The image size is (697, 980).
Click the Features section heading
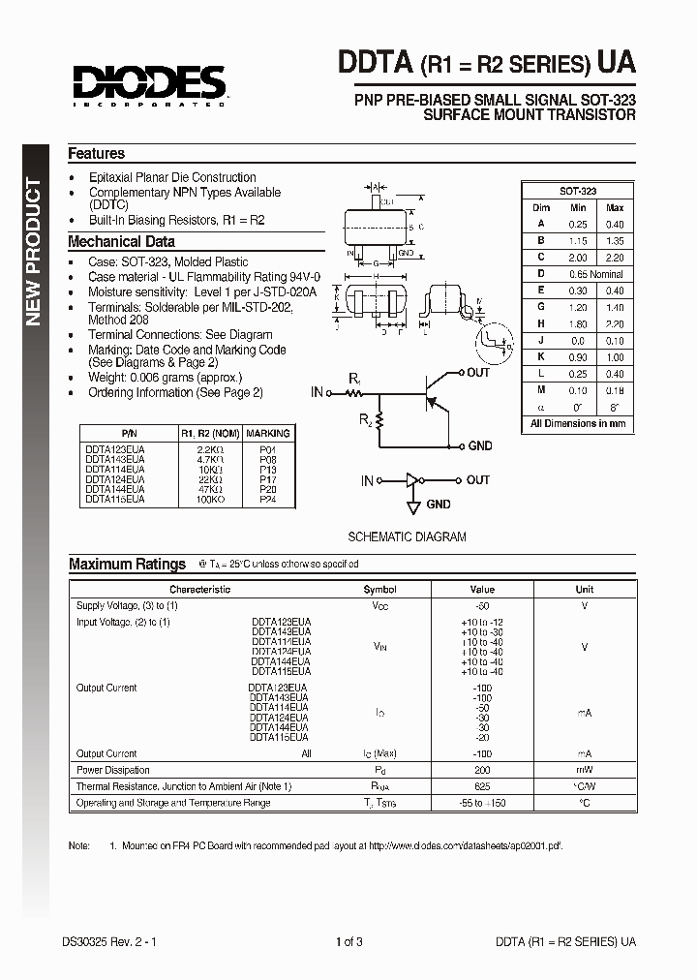96,153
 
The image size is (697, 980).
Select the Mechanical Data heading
121,241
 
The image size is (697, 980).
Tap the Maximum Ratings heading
127,564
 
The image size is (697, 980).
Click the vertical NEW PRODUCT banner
34,252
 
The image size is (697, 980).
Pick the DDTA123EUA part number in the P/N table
115,449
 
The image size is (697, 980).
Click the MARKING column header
267,433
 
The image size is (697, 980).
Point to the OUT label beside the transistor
478,373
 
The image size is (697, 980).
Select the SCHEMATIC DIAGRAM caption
407,536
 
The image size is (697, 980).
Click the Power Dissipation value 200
482,770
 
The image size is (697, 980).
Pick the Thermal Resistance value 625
482,786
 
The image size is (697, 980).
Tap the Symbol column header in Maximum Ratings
379,589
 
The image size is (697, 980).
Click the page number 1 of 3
349,941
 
